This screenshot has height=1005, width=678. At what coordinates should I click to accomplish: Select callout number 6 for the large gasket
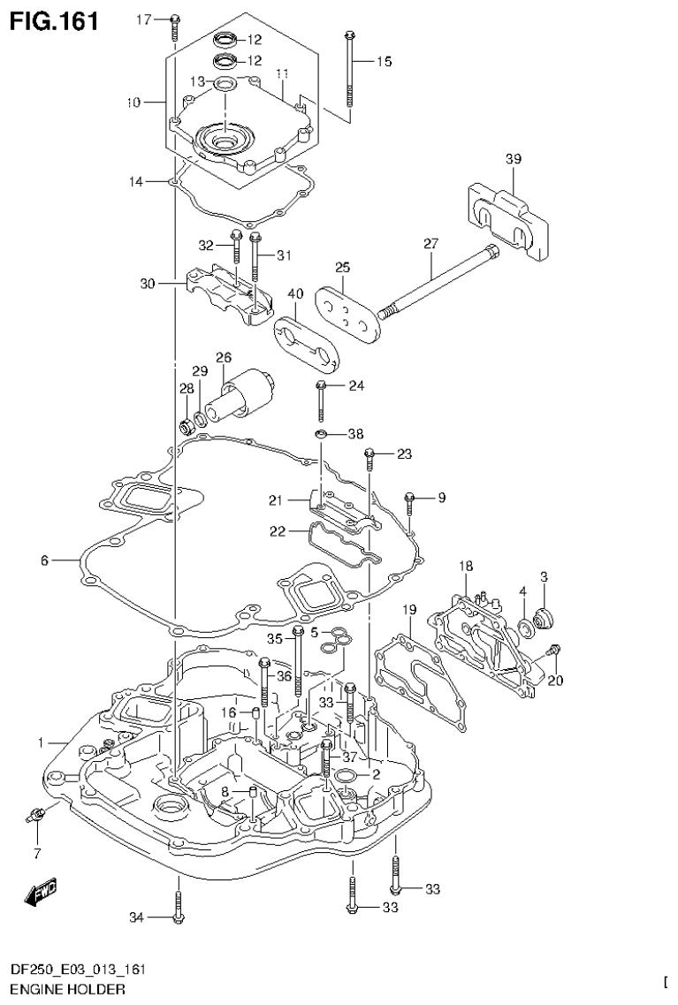point(44,560)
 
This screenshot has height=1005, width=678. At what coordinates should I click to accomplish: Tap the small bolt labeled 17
point(174,27)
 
